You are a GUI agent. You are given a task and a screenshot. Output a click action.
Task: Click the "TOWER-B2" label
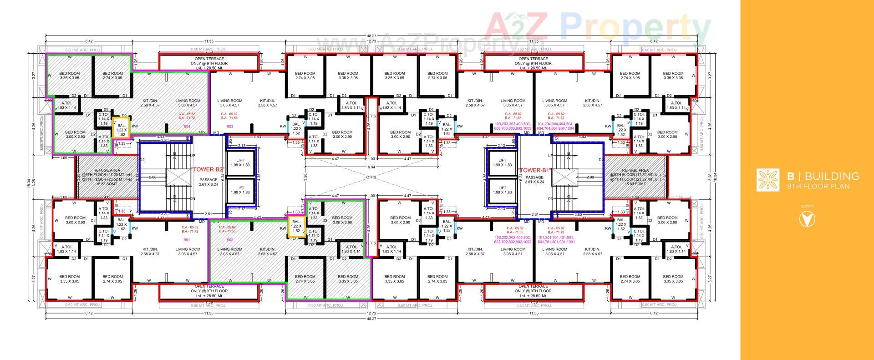point(208,169)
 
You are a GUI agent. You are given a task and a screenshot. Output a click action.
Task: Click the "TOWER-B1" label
point(534,170)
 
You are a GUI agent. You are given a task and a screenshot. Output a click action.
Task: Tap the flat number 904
point(187,126)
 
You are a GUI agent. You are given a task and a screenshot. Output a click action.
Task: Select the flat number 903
point(230,126)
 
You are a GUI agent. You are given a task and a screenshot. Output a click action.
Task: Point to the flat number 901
point(187,240)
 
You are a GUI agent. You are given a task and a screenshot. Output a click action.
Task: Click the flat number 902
point(230,240)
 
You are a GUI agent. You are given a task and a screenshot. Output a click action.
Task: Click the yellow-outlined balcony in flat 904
point(121,130)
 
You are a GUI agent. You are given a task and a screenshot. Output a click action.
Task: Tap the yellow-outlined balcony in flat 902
point(296,226)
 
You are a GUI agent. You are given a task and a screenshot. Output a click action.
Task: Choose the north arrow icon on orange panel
point(807,219)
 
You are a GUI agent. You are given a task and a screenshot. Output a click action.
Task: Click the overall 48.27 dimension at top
point(372,36)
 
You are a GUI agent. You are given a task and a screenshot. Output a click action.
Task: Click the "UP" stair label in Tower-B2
point(192,156)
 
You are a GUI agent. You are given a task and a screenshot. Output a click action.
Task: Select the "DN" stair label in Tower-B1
point(550,199)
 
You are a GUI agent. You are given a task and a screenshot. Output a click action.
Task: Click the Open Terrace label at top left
point(209,63)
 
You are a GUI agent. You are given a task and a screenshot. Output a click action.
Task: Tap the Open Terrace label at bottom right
point(533,291)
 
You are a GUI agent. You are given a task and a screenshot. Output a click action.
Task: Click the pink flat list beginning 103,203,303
point(513,126)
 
